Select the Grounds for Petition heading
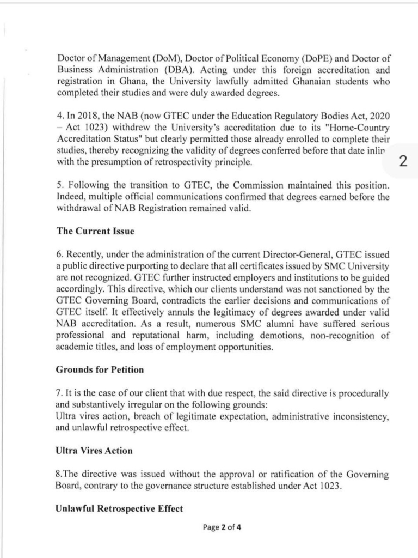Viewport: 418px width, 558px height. (x=100, y=369)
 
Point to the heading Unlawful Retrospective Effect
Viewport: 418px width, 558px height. (x=119, y=509)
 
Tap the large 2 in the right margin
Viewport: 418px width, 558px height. (x=403, y=161)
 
